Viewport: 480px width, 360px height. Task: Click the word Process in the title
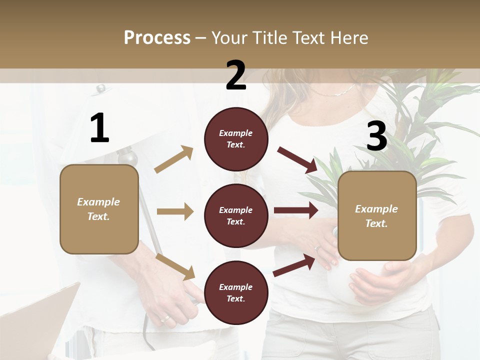click(x=157, y=37)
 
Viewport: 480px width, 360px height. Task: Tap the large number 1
click(x=99, y=128)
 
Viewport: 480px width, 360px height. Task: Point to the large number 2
click(x=236, y=75)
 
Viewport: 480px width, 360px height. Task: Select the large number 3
click(x=376, y=136)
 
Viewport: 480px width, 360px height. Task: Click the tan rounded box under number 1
click(x=99, y=209)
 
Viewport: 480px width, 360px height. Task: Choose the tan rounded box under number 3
click(x=377, y=216)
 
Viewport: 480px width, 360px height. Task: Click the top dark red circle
click(x=236, y=139)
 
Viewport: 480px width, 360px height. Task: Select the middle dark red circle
click(x=236, y=215)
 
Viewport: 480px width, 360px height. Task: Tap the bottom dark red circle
click(x=236, y=292)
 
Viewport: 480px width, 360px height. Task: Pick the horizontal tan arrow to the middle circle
click(x=175, y=211)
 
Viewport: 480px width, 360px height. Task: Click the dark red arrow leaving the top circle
click(x=297, y=160)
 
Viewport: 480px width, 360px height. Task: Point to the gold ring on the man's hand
click(x=164, y=318)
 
